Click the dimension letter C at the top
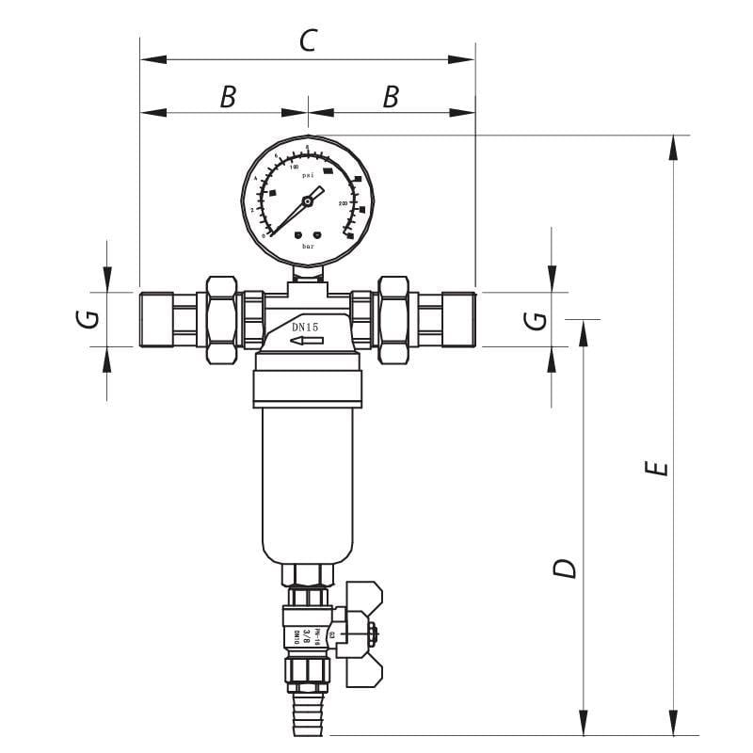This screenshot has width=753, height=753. click(x=308, y=40)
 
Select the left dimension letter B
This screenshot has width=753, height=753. click(x=227, y=97)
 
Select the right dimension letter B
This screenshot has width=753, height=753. click(x=391, y=97)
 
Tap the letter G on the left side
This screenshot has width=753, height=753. click(x=87, y=319)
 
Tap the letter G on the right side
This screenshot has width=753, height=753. click(x=535, y=319)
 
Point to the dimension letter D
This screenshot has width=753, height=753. click(x=564, y=569)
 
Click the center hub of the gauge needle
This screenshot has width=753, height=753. click(x=308, y=200)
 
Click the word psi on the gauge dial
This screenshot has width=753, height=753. click(x=308, y=175)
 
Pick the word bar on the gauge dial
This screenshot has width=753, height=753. click(x=308, y=246)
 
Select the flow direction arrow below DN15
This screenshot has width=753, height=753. click(x=307, y=341)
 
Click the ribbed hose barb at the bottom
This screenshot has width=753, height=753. click(x=307, y=711)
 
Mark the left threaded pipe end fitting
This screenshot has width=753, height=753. click(x=156, y=320)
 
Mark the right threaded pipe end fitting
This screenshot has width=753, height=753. click(x=458, y=320)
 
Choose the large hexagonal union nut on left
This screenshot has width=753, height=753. click(x=221, y=320)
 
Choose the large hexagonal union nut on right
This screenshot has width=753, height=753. click(x=393, y=320)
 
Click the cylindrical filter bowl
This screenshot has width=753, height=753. click(x=307, y=480)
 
